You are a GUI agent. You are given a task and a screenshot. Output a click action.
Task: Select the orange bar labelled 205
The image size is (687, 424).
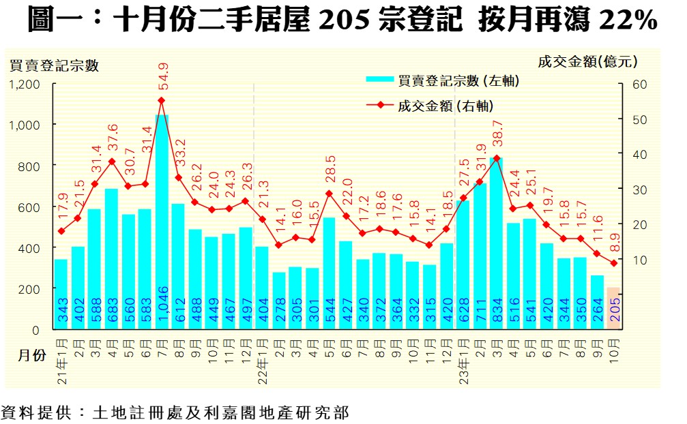[613, 308]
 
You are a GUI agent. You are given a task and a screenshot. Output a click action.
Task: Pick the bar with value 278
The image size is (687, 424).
[279, 301]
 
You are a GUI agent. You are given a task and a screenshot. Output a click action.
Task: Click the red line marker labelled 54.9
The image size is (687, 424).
[162, 100]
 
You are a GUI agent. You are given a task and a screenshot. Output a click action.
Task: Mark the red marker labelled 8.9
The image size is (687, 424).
[613, 263]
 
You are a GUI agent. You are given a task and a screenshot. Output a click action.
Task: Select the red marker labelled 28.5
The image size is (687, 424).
[329, 194]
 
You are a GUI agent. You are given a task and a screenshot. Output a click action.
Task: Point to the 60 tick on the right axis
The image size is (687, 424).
[630, 85]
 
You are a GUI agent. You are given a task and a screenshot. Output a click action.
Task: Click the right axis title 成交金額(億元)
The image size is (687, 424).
[587, 61]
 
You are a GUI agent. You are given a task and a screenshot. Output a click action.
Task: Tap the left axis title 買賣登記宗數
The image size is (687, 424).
[55, 65]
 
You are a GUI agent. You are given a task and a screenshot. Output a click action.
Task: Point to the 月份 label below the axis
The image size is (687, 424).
[32, 356]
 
